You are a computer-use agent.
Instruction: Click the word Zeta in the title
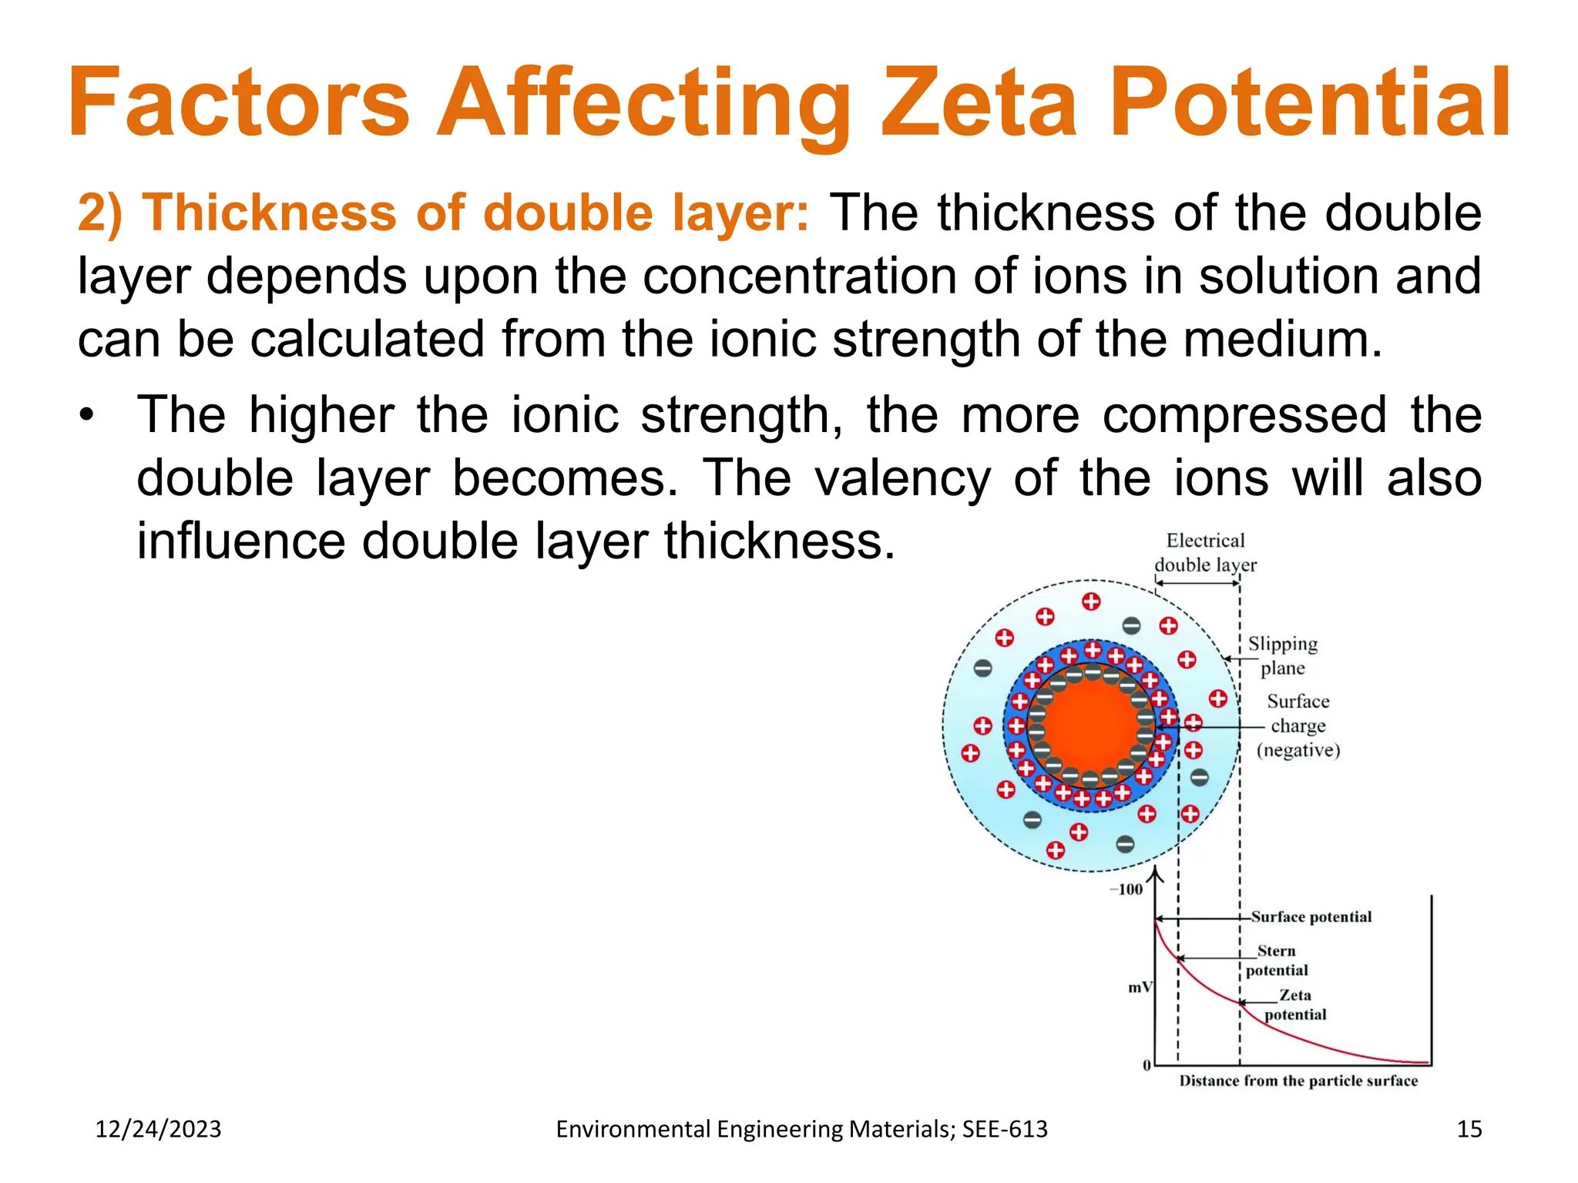(979, 102)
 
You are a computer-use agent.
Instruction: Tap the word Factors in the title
(239, 102)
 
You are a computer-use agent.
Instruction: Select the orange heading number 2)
(100, 213)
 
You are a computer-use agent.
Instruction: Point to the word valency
(902, 478)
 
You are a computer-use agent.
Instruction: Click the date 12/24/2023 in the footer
(158, 1129)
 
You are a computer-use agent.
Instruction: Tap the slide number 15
(1469, 1129)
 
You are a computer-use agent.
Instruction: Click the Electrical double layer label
(1205, 553)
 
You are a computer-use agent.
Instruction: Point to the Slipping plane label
(1283, 655)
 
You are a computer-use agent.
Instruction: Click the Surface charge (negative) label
(1298, 726)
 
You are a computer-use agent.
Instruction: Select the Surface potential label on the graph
(1311, 917)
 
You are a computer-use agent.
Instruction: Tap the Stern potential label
(1277, 960)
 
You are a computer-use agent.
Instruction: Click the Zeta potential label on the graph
(1295, 1005)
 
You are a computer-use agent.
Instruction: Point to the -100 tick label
(1126, 890)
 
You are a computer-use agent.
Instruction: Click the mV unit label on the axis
(1140, 987)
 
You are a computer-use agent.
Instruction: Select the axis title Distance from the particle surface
(1298, 1081)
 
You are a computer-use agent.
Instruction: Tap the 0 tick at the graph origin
(1147, 1065)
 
